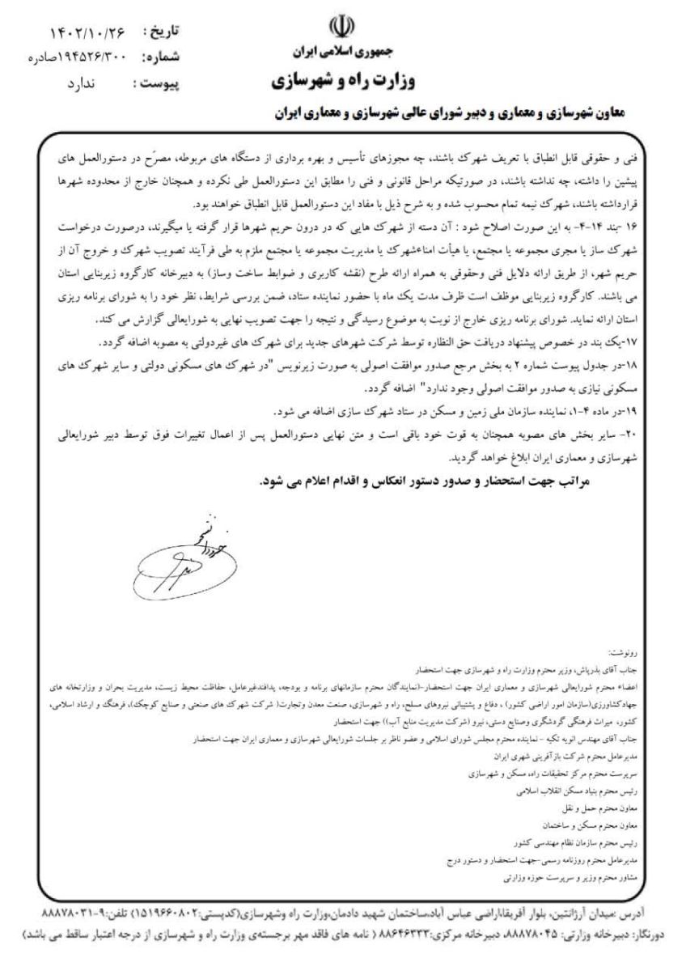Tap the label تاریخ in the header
[162, 33]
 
